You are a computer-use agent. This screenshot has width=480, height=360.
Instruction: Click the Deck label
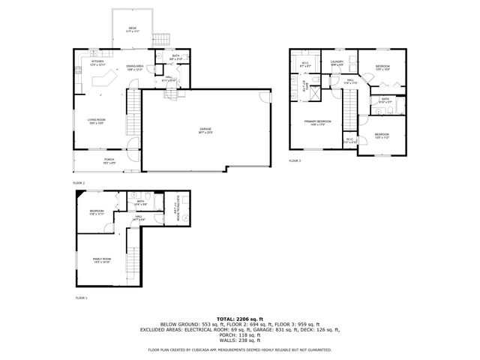click(x=132, y=28)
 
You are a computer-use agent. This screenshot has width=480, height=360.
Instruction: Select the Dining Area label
click(x=135, y=67)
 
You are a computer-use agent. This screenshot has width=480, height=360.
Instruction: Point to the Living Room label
click(x=96, y=121)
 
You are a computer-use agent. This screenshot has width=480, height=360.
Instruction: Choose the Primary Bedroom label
click(x=318, y=122)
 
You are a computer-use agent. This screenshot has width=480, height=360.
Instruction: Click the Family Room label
click(x=103, y=260)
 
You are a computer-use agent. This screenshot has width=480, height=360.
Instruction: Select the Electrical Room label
click(x=178, y=211)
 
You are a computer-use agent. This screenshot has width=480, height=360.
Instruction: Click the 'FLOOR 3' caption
click(x=295, y=161)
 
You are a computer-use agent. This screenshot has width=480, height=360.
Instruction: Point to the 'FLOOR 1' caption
click(x=81, y=298)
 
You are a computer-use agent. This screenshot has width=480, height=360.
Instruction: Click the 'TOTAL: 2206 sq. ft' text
click(x=240, y=318)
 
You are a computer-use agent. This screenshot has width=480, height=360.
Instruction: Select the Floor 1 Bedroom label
click(x=97, y=213)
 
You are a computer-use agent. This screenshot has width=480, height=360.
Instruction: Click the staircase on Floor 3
click(x=349, y=115)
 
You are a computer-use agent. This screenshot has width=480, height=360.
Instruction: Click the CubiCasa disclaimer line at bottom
click(x=240, y=349)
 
